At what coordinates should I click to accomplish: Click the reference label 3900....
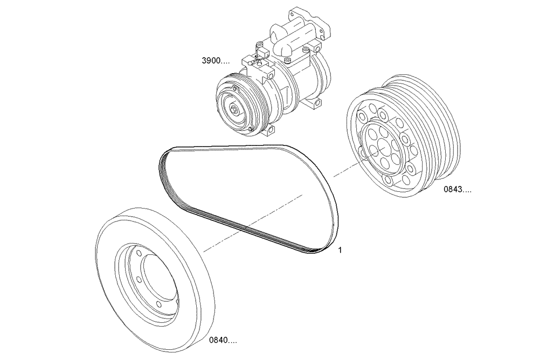point(215,61)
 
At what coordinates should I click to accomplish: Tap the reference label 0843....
point(457,190)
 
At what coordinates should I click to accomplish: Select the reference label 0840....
point(223,341)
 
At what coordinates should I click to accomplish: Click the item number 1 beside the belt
point(340,251)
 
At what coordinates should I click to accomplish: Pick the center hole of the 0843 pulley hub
point(380,144)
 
